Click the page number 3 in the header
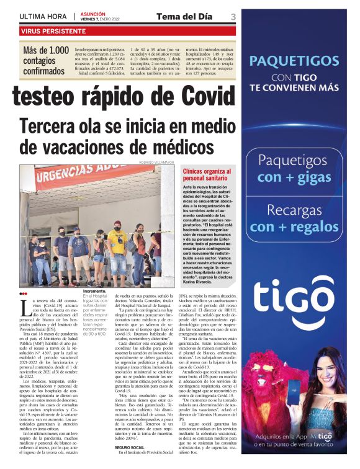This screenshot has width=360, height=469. click(x=232, y=17)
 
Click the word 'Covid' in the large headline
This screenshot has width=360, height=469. click(x=196, y=97)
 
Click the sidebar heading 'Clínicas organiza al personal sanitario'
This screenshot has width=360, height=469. click(x=205, y=174)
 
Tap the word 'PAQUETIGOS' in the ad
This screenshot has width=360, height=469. click(x=295, y=61)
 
